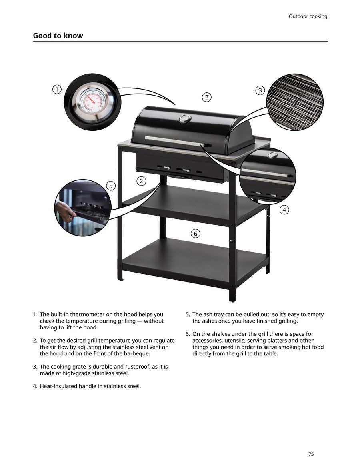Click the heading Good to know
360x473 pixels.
[58, 36]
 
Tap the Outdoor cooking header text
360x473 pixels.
[308, 16]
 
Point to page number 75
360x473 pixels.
[311, 454]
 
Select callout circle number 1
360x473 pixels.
[57, 90]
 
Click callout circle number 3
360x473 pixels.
[260, 90]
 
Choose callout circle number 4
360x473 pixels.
[284, 210]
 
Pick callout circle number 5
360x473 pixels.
[111, 186]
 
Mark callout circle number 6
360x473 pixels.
[195, 234]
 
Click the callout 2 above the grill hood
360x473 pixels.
[206, 97]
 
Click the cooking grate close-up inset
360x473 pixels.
[295, 102]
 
